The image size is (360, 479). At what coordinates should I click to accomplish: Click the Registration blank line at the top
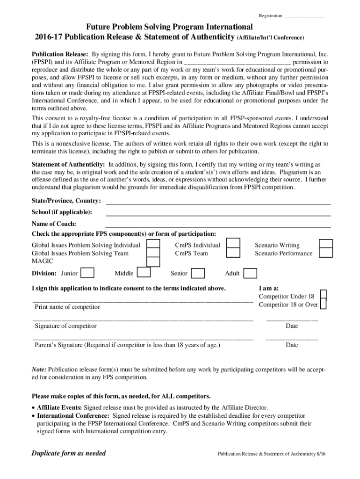(304, 17)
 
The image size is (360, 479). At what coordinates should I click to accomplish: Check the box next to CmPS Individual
(233, 245)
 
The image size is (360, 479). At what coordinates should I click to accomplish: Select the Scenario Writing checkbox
(325, 245)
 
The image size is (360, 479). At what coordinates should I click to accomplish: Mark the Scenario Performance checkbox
(325, 253)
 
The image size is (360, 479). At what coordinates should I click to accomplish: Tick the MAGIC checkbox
(153, 261)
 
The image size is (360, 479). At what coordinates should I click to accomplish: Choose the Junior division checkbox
(87, 273)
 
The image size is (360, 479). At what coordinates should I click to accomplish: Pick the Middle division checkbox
(144, 273)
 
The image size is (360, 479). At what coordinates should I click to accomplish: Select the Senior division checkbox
(198, 273)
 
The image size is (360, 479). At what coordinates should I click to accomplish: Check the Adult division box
(250, 273)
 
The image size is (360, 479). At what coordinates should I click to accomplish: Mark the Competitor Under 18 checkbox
(324, 295)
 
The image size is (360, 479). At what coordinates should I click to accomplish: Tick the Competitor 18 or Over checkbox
(324, 304)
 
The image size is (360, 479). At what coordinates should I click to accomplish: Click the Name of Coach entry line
(218, 226)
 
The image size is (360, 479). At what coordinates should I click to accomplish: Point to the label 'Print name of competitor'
(67, 307)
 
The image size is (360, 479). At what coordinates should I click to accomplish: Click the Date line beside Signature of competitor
(292, 320)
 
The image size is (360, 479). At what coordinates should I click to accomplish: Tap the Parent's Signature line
(143, 339)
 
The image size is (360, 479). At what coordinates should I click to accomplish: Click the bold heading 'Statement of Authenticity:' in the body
(68, 165)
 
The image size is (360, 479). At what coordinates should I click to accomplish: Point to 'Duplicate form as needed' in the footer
(69, 453)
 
